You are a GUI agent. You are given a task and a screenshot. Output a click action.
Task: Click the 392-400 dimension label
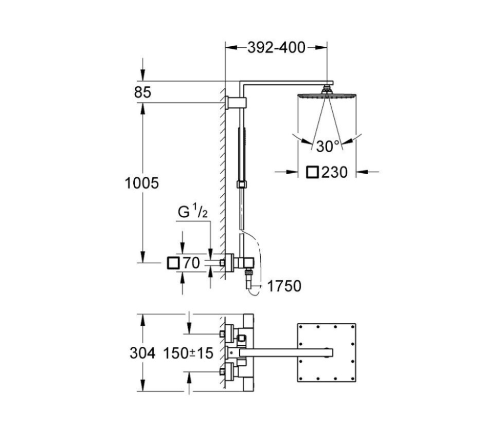[x=276, y=48]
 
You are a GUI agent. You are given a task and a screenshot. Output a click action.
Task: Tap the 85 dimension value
[x=142, y=92]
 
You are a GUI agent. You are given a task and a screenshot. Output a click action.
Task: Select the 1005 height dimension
[x=141, y=183]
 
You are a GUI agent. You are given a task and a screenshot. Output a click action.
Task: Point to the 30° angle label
[x=328, y=146]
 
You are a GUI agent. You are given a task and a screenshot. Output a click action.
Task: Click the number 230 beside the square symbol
[x=334, y=172]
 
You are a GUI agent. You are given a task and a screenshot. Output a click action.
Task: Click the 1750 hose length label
[x=284, y=286]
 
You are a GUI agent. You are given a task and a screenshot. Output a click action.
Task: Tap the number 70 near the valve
[x=191, y=263]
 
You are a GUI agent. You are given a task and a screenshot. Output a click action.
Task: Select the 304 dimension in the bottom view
[x=142, y=353]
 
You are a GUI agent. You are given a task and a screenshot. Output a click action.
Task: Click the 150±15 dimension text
[x=188, y=353]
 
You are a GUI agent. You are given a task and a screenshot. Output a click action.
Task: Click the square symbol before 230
[x=312, y=172]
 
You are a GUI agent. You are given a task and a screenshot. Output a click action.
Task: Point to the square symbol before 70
[x=173, y=263]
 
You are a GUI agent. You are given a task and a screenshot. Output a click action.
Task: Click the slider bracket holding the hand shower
[x=242, y=184]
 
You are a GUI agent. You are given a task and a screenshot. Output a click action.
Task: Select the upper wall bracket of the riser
[x=236, y=103]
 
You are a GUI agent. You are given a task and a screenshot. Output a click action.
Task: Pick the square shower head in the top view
[x=327, y=352]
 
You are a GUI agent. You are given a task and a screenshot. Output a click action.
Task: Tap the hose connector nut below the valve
[x=248, y=272]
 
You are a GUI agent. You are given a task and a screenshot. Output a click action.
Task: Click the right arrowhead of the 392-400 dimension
[x=322, y=48]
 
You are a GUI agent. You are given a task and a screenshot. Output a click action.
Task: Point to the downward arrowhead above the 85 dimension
[x=142, y=76]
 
